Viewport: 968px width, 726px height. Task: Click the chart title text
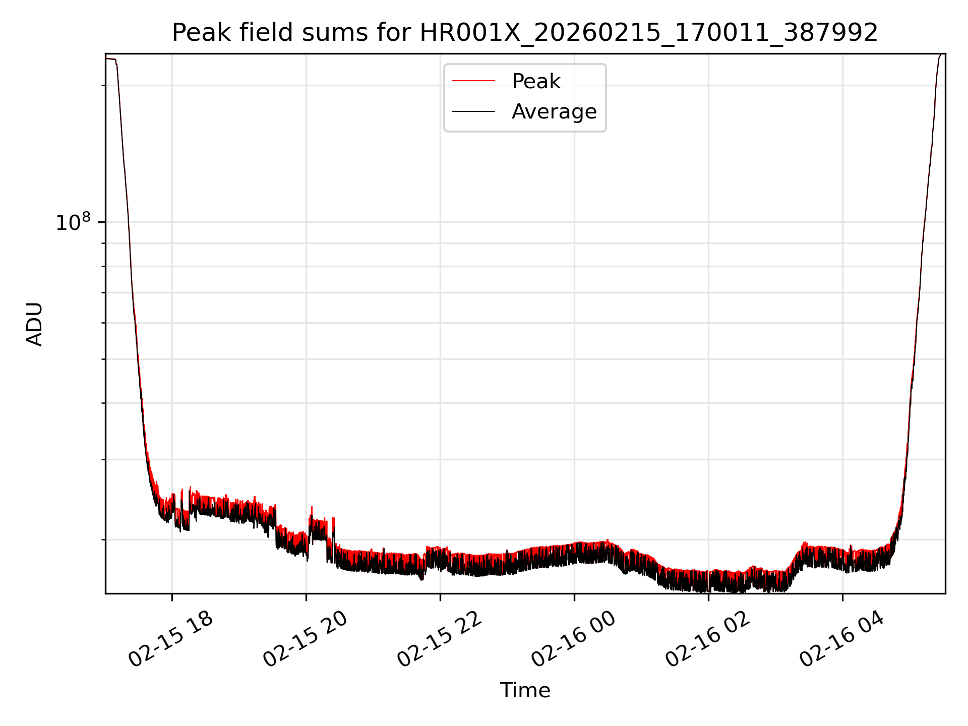pos(525,33)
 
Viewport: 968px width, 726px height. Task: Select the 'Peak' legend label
pos(536,81)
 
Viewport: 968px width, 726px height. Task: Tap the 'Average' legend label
pos(554,111)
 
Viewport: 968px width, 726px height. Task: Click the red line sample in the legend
pos(473,81)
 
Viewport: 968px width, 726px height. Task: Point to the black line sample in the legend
pos(473,111)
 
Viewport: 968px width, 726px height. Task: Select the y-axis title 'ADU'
pos(35,324)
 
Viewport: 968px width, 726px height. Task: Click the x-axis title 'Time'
pos(525,690)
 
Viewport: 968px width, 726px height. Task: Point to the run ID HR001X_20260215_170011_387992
pos(649,33)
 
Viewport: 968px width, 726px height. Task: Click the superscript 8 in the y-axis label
pos(87,217)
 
